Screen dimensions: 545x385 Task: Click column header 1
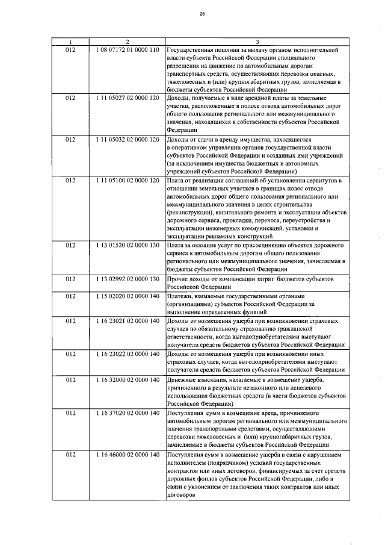pos(70,42)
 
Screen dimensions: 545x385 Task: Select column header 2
pos(126,42)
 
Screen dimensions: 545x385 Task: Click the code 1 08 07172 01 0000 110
pos(126,49)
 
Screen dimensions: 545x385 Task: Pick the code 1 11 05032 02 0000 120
pos(126,139)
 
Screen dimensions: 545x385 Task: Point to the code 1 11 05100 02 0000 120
pos(126,180)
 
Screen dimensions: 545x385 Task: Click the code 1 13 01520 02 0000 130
pos(126,246)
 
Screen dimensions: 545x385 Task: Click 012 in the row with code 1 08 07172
pos(70,49)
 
